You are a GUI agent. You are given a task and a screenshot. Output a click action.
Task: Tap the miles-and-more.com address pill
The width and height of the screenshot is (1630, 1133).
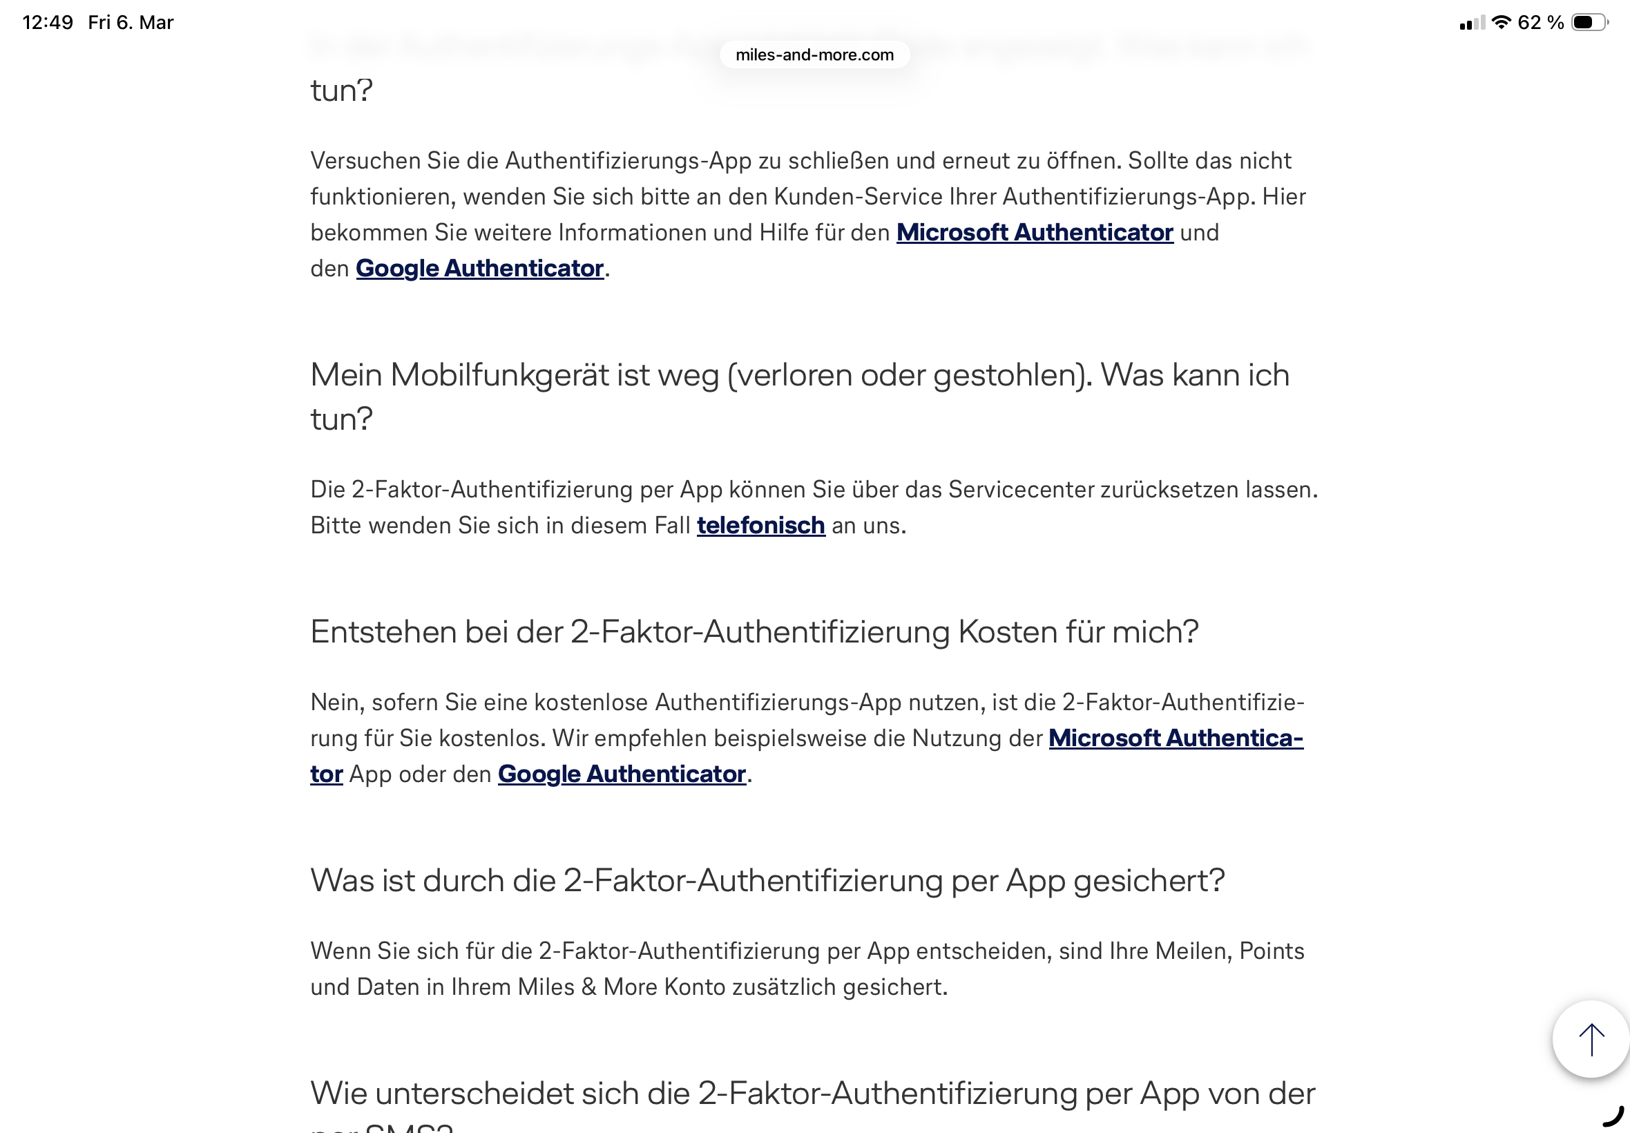coord(814,55)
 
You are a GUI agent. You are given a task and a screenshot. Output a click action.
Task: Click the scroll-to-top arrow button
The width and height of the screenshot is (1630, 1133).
coord(1590,1038)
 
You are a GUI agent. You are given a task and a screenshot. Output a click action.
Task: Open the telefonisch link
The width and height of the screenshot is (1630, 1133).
coord(760,525)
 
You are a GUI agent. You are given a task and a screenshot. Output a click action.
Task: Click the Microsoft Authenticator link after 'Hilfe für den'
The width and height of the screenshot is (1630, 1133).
coord(1034,232)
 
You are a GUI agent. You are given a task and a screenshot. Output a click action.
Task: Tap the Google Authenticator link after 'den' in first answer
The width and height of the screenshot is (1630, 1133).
coord(479,268)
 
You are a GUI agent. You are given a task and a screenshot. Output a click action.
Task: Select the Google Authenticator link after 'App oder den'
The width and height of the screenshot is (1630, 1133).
coord(621,774)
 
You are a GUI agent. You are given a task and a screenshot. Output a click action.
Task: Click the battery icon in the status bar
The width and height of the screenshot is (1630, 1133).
coord(1589,23)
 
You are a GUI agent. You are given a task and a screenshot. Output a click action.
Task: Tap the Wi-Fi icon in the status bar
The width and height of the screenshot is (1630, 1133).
coord(1500,22)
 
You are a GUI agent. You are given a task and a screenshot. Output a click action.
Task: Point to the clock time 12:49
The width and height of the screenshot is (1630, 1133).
coord(48,23)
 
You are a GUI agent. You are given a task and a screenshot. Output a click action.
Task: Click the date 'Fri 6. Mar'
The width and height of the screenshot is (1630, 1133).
coord(131,23)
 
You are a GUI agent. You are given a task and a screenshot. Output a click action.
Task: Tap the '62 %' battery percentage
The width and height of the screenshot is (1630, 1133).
coord(1540,23)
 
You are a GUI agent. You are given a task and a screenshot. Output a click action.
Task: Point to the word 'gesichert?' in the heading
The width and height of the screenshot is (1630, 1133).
coord(1149,881)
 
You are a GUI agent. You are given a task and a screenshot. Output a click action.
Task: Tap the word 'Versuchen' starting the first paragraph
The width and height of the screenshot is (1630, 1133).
coord(365,160)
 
